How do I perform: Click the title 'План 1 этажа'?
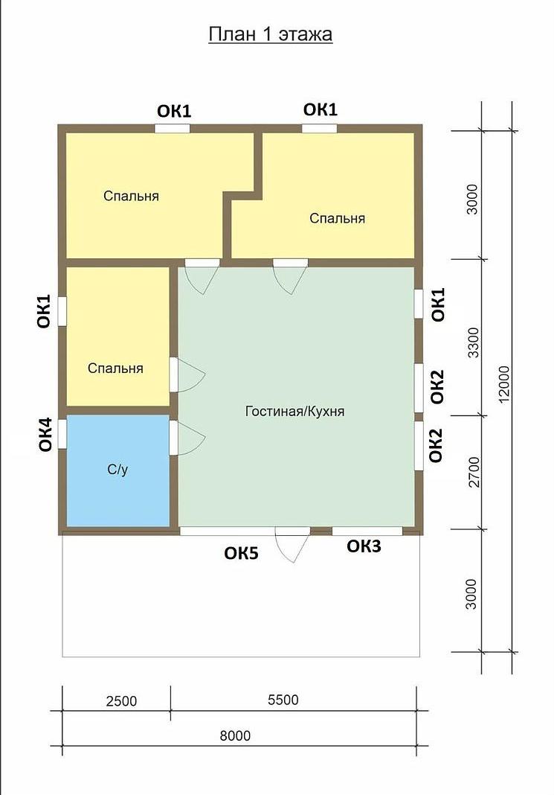coord(271,34)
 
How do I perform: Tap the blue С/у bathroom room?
coord(118,470)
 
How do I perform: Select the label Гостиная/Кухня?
coord(294,411)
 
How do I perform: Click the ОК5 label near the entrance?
coord(241,553)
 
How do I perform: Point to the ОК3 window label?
coord(364,546)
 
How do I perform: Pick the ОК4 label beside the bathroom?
coord(45,435)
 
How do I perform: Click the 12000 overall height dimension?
coord(505,385)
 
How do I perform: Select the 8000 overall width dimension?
coord(235,735)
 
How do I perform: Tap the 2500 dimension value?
coord(121,700)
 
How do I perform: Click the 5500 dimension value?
coord(283,700)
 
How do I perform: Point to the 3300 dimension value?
coord(473,342)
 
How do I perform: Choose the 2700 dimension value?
coord(474,471)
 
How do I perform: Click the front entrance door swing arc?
coord(293,545)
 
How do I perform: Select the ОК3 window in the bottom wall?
coord(367,531)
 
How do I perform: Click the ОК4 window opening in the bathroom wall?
coord(62,434)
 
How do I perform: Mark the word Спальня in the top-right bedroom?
coord(338,218)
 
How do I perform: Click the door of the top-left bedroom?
coord(202,277)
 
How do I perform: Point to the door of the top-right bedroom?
coord(291,277)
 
